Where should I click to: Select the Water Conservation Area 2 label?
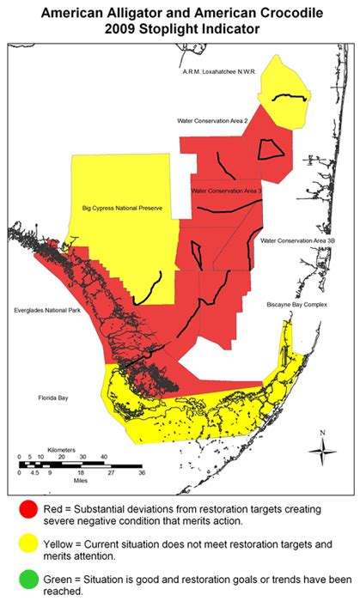click(212, 121)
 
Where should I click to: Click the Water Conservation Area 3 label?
click(228, 191)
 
